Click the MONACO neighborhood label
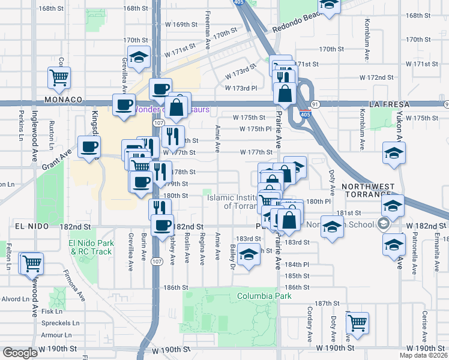62,100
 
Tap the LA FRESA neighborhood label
390,104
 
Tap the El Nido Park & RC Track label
90,247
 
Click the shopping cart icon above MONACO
59,77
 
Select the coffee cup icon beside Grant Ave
89,147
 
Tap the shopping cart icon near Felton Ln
31,263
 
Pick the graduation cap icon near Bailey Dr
247,256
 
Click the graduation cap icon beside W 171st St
139,58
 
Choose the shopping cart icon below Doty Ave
357,322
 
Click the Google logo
20,353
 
